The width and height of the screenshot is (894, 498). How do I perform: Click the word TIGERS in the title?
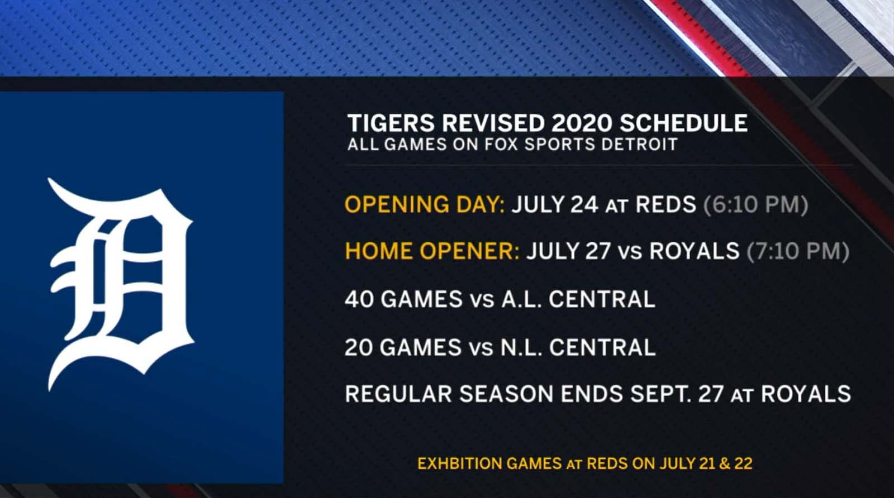coord(391,123)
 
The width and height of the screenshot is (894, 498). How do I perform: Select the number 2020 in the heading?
coord(581,123)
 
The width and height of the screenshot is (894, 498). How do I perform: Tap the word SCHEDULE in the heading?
coord(684,123)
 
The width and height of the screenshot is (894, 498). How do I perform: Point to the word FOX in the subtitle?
coord(501,145)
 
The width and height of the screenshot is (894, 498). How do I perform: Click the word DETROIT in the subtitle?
coord(640,145)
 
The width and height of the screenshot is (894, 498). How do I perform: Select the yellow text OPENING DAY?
coord(425,204)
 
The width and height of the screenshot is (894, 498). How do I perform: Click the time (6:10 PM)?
coord(755,204)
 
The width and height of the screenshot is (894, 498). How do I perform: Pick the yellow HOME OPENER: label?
coord(432,251)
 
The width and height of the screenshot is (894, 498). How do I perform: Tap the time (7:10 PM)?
coord(798,251)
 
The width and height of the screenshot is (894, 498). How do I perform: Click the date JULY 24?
coord(555,204)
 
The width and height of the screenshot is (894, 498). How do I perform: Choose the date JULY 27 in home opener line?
coord(568,251)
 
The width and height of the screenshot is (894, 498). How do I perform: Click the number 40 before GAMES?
coord(359,299)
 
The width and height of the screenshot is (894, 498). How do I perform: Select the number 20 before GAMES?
coord(359,347)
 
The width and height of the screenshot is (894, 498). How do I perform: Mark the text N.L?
coord(521,347)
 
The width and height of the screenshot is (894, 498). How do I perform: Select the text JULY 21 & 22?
coord(706,463)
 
